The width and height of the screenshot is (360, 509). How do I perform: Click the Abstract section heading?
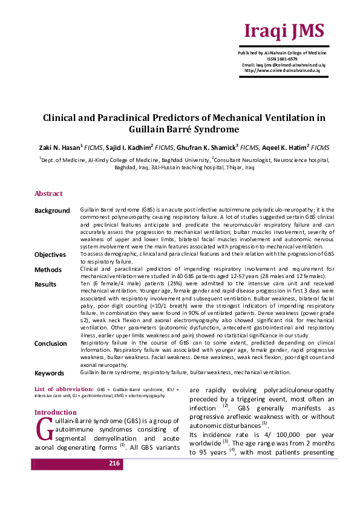(48, 193)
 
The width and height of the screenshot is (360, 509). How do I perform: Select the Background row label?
(52, 210)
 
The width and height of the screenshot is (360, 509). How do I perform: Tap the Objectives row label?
(50, 254)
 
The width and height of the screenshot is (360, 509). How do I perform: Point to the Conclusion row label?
(50, 343)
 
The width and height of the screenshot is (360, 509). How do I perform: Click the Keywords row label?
(50, 373)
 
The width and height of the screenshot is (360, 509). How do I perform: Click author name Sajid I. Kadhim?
(134, 147)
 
